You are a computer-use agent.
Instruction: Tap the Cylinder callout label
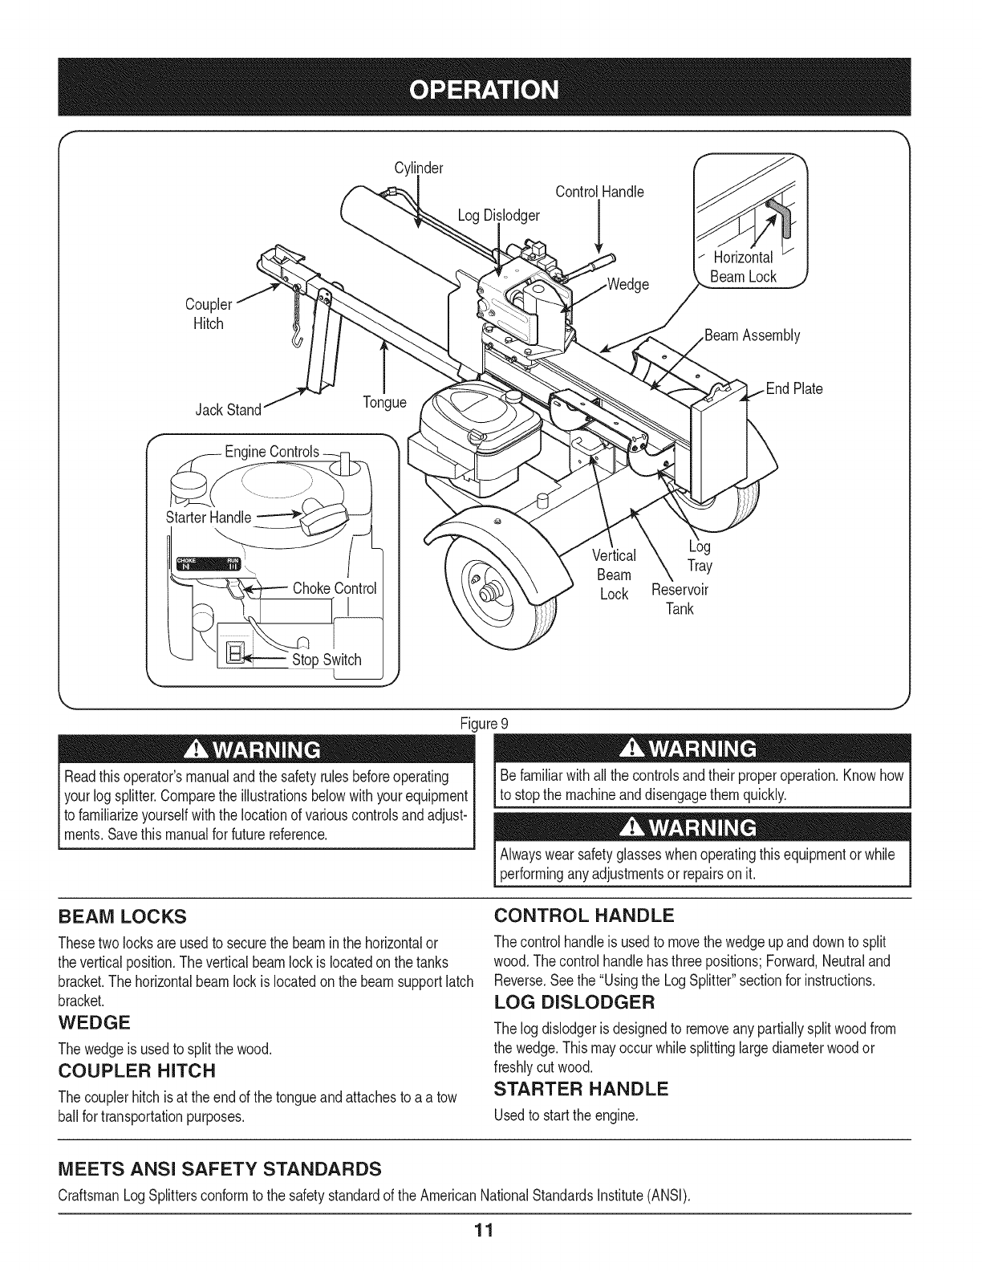coord(419,169)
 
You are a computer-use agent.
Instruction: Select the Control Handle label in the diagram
coord(599,192)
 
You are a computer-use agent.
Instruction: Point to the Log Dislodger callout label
coord(498,215)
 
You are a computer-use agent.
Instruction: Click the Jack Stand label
coord(229,411)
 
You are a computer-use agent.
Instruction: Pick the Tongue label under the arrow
coord(384,401)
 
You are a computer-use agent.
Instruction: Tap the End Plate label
coord(794,389)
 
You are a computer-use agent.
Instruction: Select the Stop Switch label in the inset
coord(327,660)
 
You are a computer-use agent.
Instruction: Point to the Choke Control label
coord(335,588)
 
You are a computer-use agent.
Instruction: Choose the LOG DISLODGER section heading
coord(574,1002)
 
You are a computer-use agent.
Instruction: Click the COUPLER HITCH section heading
coord(137,1071)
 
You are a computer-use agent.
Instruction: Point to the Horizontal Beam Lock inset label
coord(742,267)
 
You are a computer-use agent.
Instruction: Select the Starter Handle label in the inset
coord(209,517)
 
